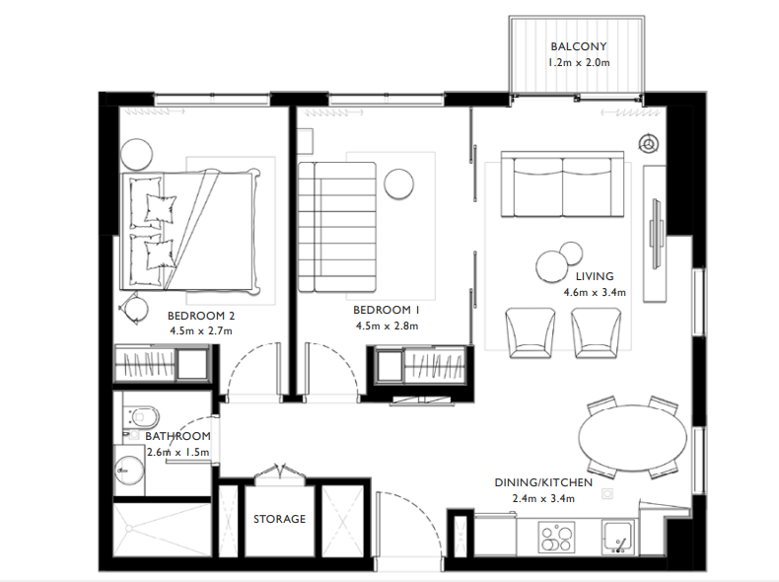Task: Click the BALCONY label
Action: (578, 46)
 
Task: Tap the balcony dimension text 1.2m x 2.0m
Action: (579, 63)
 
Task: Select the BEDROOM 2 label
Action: (201, 316)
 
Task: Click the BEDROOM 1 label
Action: (387, 308)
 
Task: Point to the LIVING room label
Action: (595, 276)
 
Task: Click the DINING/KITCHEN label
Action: (543, 482)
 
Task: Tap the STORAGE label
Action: (279, 519)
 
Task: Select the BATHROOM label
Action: (178, 436)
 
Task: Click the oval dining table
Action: (631, 439)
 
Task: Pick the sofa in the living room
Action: (562, 185)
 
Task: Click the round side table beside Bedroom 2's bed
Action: (137, 153)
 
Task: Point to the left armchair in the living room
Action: (530, 330)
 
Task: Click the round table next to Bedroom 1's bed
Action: (399, 183)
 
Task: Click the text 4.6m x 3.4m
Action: (595, 292)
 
